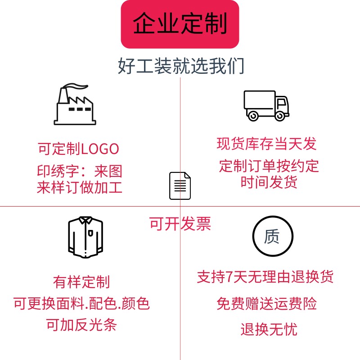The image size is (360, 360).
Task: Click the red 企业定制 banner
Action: [180, 24]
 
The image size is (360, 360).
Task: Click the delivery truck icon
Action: [266, 105]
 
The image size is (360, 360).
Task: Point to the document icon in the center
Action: [180, 185]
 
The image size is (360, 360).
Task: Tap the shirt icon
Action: [85, 237]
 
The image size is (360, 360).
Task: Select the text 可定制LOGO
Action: [78, 148]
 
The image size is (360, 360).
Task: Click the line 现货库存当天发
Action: [266, 144]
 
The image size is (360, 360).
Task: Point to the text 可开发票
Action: [180, 224]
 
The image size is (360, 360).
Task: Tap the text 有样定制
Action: [81, 282]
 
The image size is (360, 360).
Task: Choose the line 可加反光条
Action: [81, 324]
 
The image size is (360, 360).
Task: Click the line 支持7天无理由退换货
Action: [265, 277]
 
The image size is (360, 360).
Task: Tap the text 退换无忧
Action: [269, 330]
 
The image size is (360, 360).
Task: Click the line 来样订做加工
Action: [80, 187]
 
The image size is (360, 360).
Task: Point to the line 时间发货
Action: [269, 183]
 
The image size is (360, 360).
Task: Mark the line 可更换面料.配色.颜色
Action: [81, 304]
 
